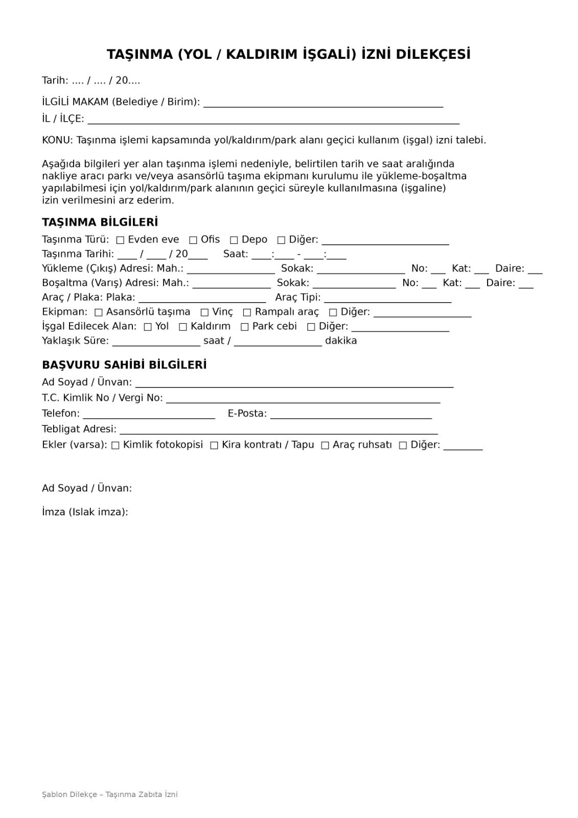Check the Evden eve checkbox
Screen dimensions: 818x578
(121, 240)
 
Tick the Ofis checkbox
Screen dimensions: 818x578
(193, 240)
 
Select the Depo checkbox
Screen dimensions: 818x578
(234, 240)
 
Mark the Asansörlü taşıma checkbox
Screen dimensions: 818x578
(99, 312)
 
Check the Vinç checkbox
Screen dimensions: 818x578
(204, 312)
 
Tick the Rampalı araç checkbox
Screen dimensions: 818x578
(247, 312)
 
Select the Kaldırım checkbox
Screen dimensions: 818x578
(183, 327)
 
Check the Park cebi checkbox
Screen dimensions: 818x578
(245, 327)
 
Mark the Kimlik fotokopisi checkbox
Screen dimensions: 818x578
(115, 445)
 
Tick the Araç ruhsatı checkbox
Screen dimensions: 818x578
(325, 445)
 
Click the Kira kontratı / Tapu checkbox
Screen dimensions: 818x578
(214, 445)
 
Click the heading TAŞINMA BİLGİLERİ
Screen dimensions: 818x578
(100, 222)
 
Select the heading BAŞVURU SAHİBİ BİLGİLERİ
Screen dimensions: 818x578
(124, 365)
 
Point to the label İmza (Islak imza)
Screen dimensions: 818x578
(85, 512)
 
